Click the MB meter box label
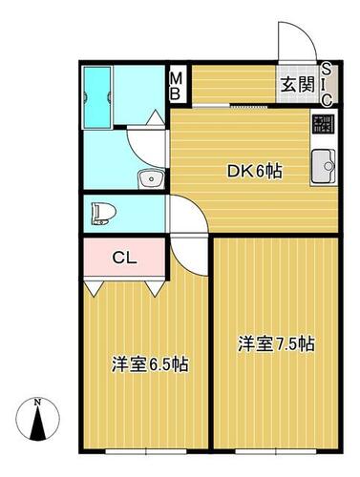176,86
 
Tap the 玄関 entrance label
298,85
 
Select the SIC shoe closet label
327,84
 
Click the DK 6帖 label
254,172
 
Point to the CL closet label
124,258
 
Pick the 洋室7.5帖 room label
276,343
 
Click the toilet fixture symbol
103,214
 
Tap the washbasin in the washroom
151,179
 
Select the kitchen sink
323,167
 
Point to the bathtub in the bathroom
96,97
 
